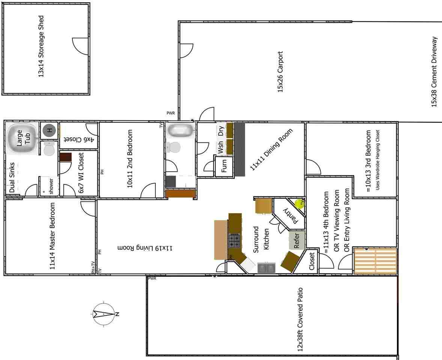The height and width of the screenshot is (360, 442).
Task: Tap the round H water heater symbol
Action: pyautogui.click(x=49, y=130)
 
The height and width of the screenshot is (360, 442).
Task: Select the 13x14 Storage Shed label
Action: pyautogui.click(x=41, y=46)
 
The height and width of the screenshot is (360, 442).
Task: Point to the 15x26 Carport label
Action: pyautogui.click(x=280, y=72)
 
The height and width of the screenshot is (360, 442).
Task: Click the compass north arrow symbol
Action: pyautogui.click(x=104, y=314)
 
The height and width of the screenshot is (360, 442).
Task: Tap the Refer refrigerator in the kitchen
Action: pyautogui.click(x=296, y=241)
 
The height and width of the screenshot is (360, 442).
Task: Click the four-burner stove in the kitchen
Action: pyautogui.click(x=235, y=240)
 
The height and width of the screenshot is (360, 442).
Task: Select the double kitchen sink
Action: pyautogui.click(x=267, y=268)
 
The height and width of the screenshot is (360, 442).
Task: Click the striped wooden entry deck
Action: pyautogui.click(x=375, y=261)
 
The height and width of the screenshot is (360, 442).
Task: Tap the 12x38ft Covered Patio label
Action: pyautogui.click(x=300, y=319)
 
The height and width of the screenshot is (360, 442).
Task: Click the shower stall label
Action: pyautogui.click(x=51, y=186)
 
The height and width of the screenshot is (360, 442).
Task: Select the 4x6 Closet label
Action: pyautogui.click(x=79, y=138)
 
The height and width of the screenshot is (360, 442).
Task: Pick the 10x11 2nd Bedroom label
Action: pyautogui.click(x=130, y=159)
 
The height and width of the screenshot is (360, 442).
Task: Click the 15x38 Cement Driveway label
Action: pyautogui.click(x=434, y=72)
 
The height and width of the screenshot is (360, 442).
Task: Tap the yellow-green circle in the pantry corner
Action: pyautogui.click(x=299, y=204)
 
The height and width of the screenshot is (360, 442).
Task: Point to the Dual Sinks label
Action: pyautogui.click(x=12, y=177)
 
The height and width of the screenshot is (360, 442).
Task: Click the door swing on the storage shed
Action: pyautogui.click(x=80, y=47)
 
